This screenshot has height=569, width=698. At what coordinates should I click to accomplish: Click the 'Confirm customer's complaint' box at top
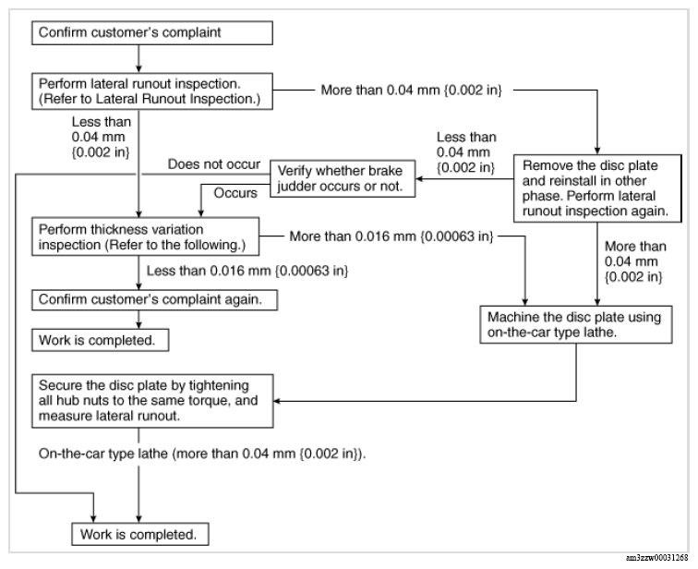[151, 33]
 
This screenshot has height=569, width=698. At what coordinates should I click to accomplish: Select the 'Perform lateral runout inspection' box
[151, 91]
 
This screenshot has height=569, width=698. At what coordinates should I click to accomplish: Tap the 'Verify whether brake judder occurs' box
[343, 178]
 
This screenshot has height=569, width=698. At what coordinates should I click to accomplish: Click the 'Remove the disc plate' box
[597, 188]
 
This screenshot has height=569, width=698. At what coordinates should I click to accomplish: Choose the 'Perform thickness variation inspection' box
[145, 236]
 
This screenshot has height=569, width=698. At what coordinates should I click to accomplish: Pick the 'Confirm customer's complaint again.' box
[154, 300]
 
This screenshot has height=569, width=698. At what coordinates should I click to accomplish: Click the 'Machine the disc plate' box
[576, 324]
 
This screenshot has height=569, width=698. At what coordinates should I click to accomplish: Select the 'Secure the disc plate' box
[152, 401]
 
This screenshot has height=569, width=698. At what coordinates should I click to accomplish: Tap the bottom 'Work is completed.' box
[140, 534]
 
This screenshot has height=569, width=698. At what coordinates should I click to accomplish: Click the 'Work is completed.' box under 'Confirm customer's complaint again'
[100, 340]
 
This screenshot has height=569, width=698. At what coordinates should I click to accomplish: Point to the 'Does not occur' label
[214, 164]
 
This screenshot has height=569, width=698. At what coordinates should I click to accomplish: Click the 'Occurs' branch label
[235, 193]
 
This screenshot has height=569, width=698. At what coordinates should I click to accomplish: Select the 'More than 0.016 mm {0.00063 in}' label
[391, 236]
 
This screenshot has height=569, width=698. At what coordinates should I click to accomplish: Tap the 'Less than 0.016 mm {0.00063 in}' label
[247, 271]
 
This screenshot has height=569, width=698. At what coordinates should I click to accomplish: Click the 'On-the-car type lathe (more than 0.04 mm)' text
[202, 454]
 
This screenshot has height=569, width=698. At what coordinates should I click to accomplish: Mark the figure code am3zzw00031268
[657, 558]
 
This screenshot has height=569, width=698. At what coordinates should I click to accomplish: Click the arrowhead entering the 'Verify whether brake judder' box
[419, 179]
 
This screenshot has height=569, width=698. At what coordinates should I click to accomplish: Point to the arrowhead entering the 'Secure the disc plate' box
[277, 401]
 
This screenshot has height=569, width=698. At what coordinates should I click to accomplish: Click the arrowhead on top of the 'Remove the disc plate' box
[597, 151]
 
